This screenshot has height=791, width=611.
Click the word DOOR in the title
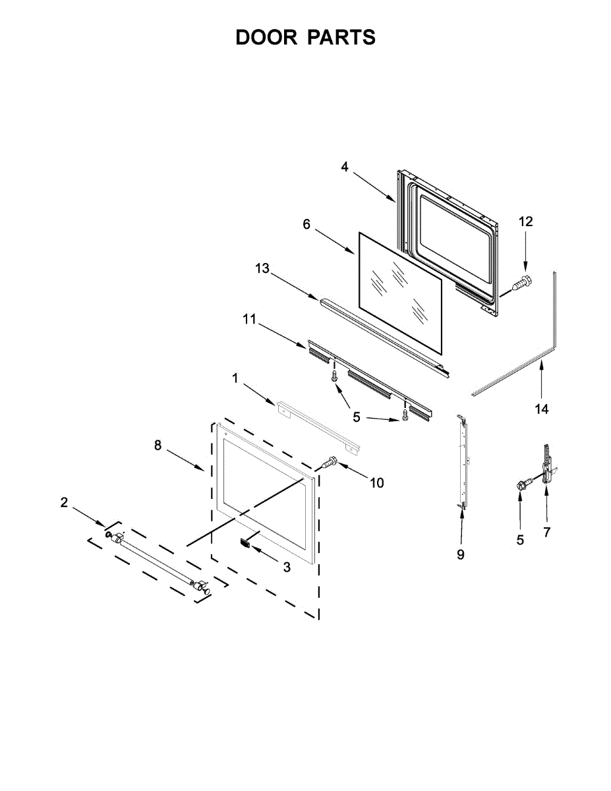point(266,38)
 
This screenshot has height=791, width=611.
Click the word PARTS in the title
point(341,38)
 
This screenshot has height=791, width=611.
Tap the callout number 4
point(345,167)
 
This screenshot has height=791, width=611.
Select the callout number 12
point(525,221)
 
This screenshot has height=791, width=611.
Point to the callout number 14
point(541,409)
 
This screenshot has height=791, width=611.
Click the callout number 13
point(262,268)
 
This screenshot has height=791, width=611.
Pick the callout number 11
point(248,319)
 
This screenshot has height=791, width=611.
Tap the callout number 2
point(64,502)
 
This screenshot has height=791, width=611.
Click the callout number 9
point(461,554)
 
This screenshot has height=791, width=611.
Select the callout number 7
point(546,533)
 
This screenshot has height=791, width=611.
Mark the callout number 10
point(376,483)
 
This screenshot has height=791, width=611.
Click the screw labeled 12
point(521,284)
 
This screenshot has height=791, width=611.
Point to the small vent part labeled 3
point(246,542)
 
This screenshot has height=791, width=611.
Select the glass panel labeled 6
point(398,288)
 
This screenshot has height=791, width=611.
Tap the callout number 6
point(306,224)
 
